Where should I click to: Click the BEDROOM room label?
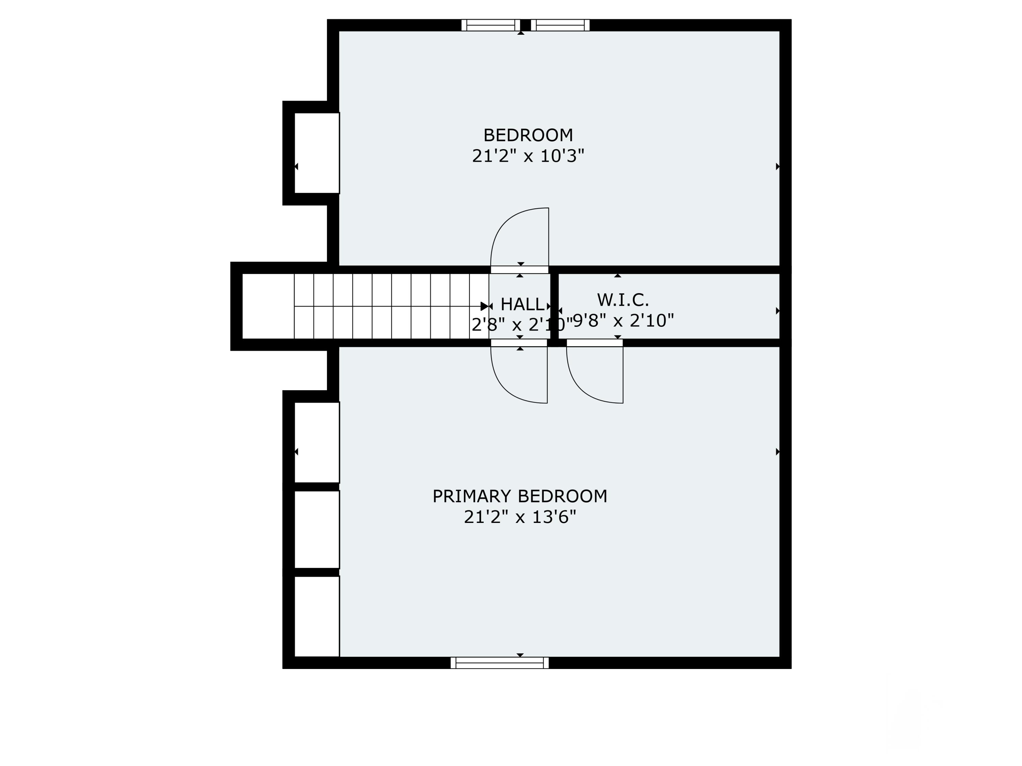coord(528,135)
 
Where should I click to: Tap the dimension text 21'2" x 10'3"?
coord(528,156)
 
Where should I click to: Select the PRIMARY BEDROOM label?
coord(520,496)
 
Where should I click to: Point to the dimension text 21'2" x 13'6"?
coord(520,517)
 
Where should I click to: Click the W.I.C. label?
coord(623,300)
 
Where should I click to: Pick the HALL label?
coord(522,304)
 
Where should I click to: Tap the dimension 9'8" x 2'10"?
coord(623,320)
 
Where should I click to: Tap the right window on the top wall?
coord(560,25)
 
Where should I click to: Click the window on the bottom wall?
coord(499,663)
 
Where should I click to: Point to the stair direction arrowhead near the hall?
coord(484,306)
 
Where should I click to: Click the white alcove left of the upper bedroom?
coord(317,153)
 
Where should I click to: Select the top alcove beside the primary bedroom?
coord(317,442)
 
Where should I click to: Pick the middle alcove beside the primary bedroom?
coord(317,530)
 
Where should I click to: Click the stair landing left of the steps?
coord(268,306)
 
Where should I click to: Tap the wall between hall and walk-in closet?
coord(554,306)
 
